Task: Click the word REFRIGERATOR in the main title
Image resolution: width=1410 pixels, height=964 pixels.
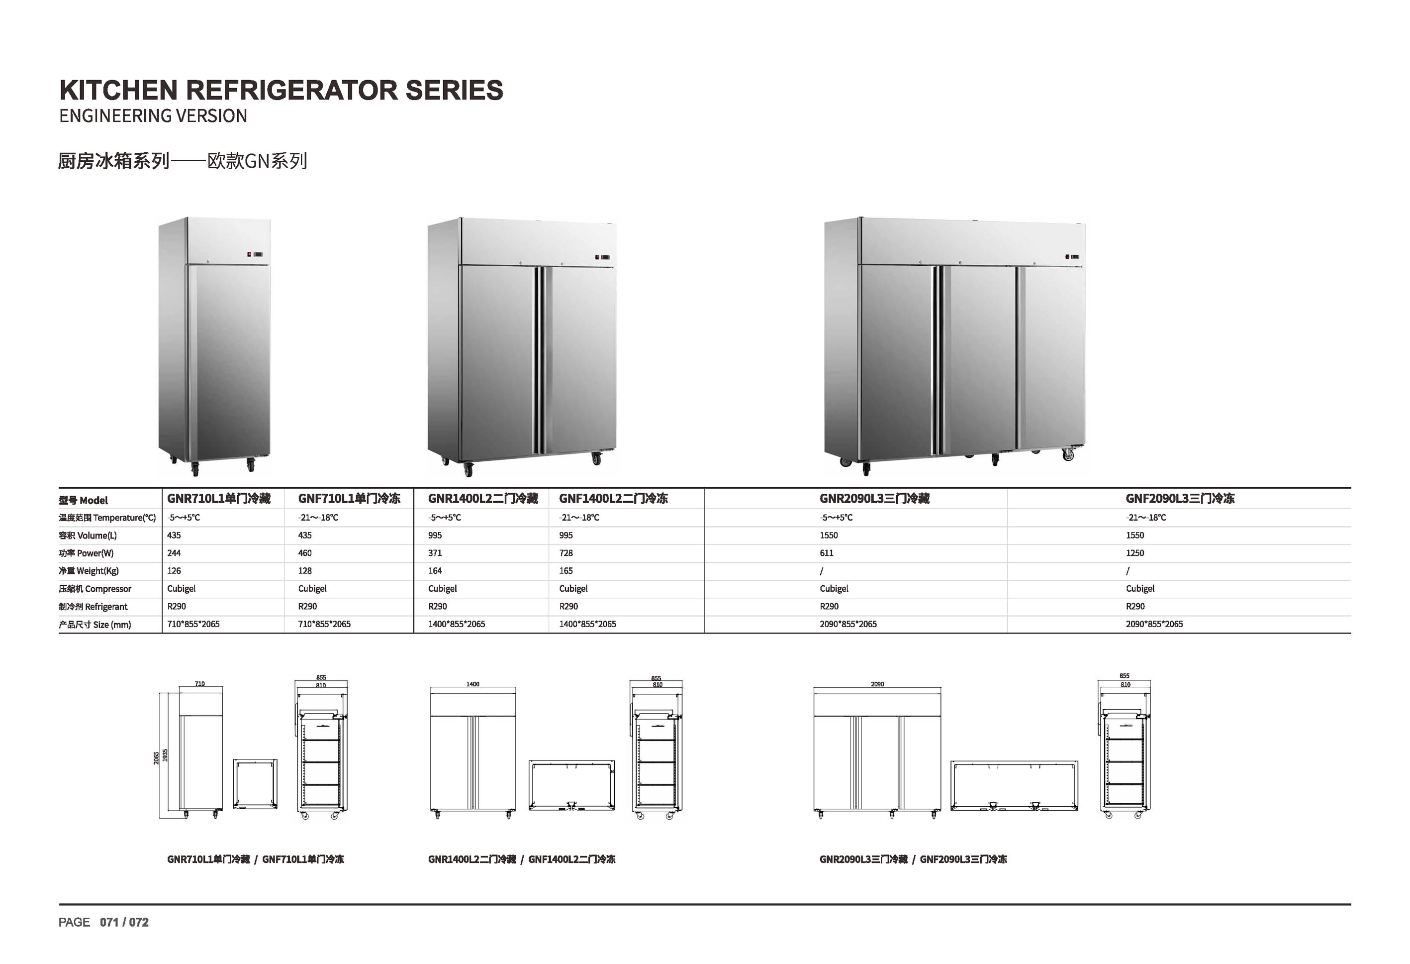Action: (x=291, y=90)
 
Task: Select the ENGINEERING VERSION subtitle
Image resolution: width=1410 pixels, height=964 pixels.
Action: (x=153, y=115)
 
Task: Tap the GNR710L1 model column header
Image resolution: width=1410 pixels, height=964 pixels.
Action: (x=218, y=498)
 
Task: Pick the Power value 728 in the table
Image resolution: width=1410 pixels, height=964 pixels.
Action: (x=565, y=553)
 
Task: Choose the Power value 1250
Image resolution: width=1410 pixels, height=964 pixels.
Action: (x=1134, y=553)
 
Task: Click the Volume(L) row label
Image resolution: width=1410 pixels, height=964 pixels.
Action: (x=88, y=536)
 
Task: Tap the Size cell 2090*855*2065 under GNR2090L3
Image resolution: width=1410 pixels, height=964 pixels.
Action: (x=847, y=624)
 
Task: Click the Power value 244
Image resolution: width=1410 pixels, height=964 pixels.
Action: (x=174, y=553)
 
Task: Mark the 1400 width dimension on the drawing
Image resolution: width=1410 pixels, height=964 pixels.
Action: (x=472, y=684)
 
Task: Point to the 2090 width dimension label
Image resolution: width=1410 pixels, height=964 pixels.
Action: (x=877, y=684)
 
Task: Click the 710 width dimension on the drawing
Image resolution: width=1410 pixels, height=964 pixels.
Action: (x=199, y=683)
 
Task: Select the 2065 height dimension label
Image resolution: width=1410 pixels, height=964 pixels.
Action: (x=156, y=757)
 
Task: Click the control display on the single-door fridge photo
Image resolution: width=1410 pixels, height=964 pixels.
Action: (x=255, y=254)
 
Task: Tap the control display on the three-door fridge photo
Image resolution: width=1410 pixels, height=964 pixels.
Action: (x=1072, y=257)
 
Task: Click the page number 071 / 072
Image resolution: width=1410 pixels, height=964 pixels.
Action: (x=124, y=922)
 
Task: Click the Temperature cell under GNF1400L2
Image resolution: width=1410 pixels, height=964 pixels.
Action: (x=579, y=518)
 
